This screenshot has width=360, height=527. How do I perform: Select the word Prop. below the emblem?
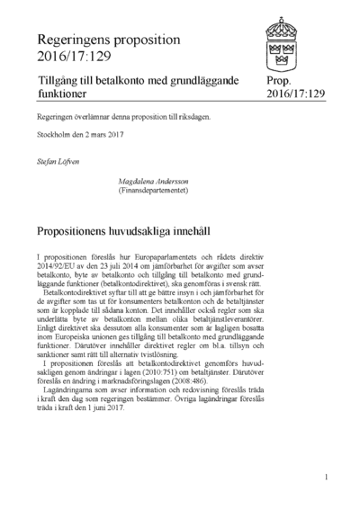pos(279,80)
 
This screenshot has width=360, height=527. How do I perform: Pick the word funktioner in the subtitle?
pos(66,94)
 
